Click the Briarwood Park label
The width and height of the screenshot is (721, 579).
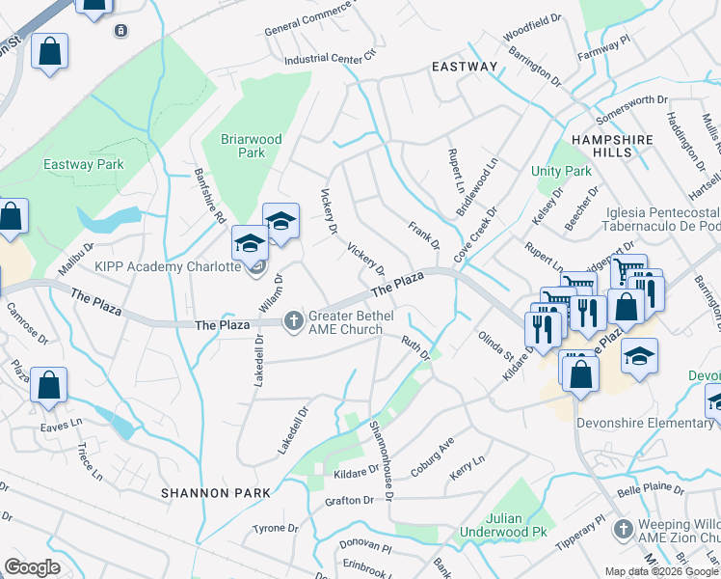click(252, 146)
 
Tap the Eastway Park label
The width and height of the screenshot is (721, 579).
click(84, 165)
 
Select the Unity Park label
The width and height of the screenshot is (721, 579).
click(561, 171)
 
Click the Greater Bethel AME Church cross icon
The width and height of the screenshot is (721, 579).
click(293, 320)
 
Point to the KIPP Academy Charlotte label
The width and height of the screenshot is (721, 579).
click(167, 266)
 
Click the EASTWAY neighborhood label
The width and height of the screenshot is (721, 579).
click(465, 67)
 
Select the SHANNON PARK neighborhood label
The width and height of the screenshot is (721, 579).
click(209, 492)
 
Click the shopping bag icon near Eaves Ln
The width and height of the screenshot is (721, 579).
click(48, 386)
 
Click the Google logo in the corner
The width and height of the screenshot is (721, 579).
click(32, 567)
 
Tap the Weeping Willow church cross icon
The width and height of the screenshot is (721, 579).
click(624, 529)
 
